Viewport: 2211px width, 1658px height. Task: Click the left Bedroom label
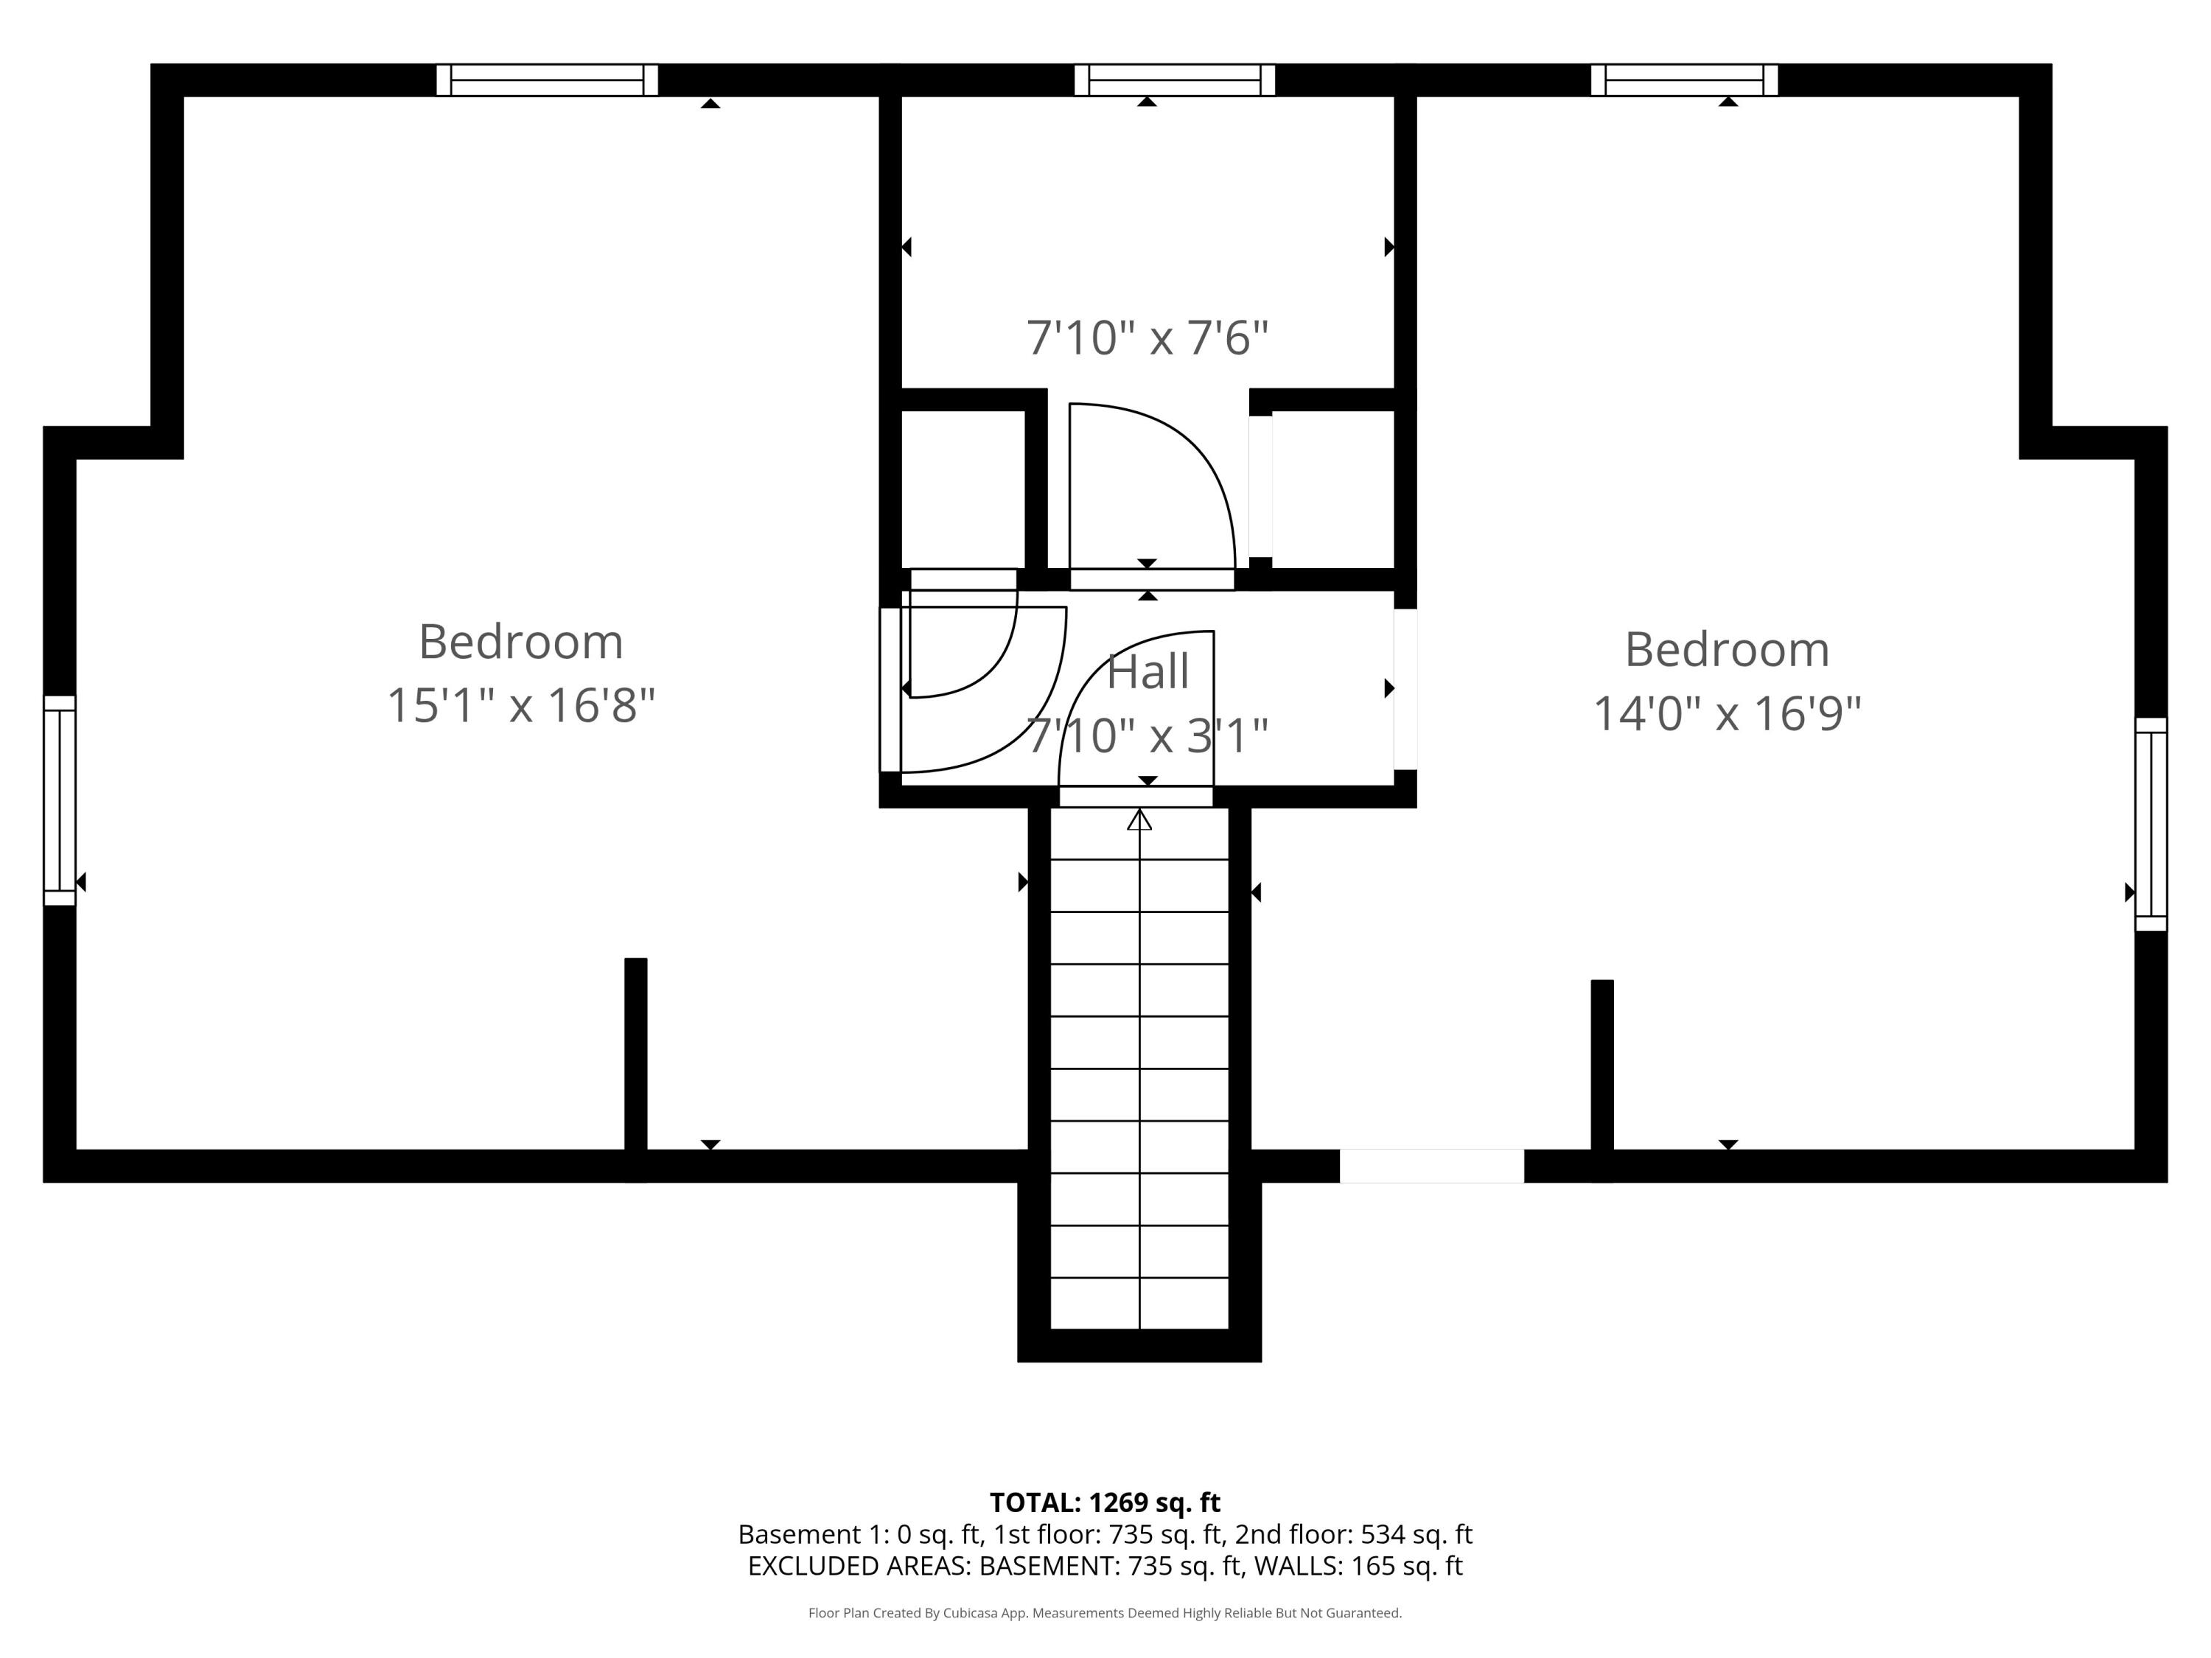(521, 642)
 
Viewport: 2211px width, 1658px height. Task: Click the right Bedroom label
(1728, 650)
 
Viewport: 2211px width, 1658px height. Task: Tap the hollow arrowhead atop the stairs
(1139, 819)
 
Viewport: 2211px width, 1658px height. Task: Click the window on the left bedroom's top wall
(547, 80)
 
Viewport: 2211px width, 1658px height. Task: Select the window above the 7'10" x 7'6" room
(1175, 80)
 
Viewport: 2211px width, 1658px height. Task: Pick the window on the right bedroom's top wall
(1684, 80)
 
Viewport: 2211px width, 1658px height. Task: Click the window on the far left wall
(60, 800)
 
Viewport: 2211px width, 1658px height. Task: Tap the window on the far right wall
(2151, 825)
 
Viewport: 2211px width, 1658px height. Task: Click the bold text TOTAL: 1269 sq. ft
(1105, 1502)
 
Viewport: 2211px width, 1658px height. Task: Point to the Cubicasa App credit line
(1105, 1613)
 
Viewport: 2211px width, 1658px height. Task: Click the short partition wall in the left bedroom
(636, 1069)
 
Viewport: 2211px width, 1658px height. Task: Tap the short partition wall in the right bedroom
(1602, 1080)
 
